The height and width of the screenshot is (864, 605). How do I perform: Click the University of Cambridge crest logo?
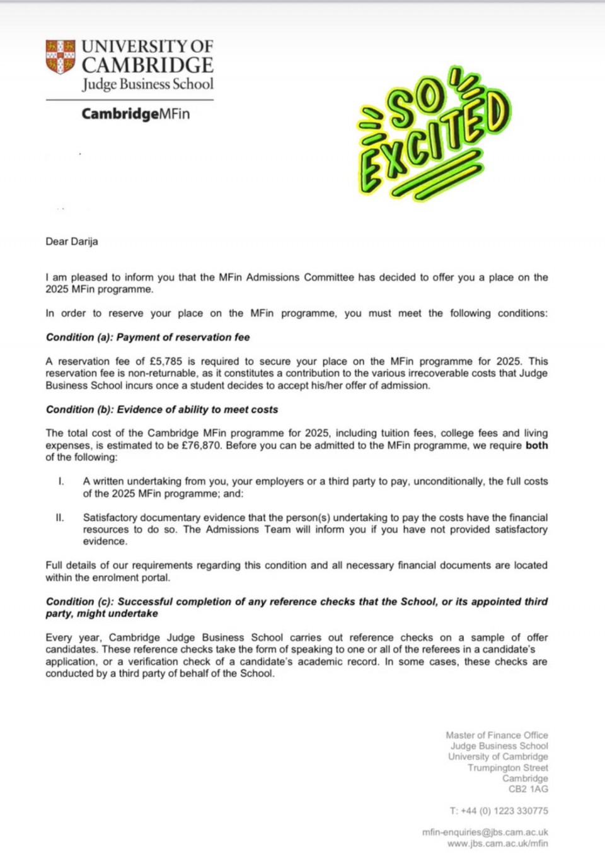click(60, 57)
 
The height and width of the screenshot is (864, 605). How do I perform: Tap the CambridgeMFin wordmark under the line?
click(135, 114)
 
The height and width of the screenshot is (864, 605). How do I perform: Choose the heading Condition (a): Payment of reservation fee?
click(147, 337)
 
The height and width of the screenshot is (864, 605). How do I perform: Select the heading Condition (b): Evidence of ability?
click(161, 409)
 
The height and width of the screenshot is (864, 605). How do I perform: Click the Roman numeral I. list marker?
click(61, 481)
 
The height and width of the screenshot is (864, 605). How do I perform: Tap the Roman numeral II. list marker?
click(60, 518)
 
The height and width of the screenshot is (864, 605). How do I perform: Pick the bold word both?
click(536, 445)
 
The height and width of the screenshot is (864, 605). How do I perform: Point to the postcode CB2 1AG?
click(528, 789)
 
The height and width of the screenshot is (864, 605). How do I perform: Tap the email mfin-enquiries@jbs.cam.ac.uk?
click(485, 832)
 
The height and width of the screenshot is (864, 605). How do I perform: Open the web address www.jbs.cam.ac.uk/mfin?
click(497, 843)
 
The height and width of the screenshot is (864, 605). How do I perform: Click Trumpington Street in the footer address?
click(507, 768)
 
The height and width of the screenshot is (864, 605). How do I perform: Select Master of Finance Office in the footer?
click(497, 735)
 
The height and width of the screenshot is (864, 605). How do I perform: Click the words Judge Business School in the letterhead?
click(147, 85)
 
